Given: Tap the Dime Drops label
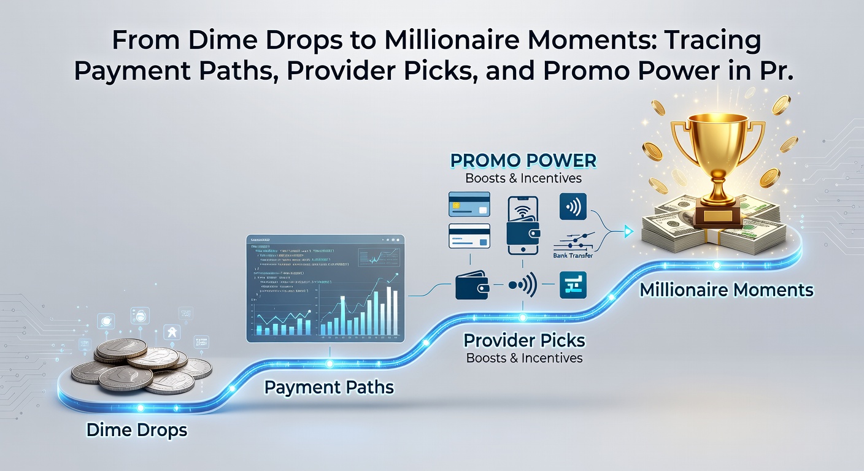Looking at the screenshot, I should [137, 430].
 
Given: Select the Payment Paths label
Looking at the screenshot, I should [329, 388].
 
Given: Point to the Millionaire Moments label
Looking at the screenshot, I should [727, 289].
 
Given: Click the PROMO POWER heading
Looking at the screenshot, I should [523, 161].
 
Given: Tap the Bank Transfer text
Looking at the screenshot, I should [572, 255].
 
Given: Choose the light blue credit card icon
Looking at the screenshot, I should [469, 204].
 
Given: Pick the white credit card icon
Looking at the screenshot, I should [469, 235].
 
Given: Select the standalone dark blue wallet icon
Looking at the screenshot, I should [472, 286].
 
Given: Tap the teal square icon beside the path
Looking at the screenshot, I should [573, 286].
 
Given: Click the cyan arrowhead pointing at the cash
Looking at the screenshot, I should [628, 231].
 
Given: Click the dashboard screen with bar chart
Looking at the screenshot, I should [325, 288].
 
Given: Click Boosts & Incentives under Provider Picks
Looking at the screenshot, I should [524, 358].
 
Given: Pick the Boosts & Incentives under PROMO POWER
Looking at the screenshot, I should [523, 179].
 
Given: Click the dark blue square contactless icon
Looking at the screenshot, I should [573, 206].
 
